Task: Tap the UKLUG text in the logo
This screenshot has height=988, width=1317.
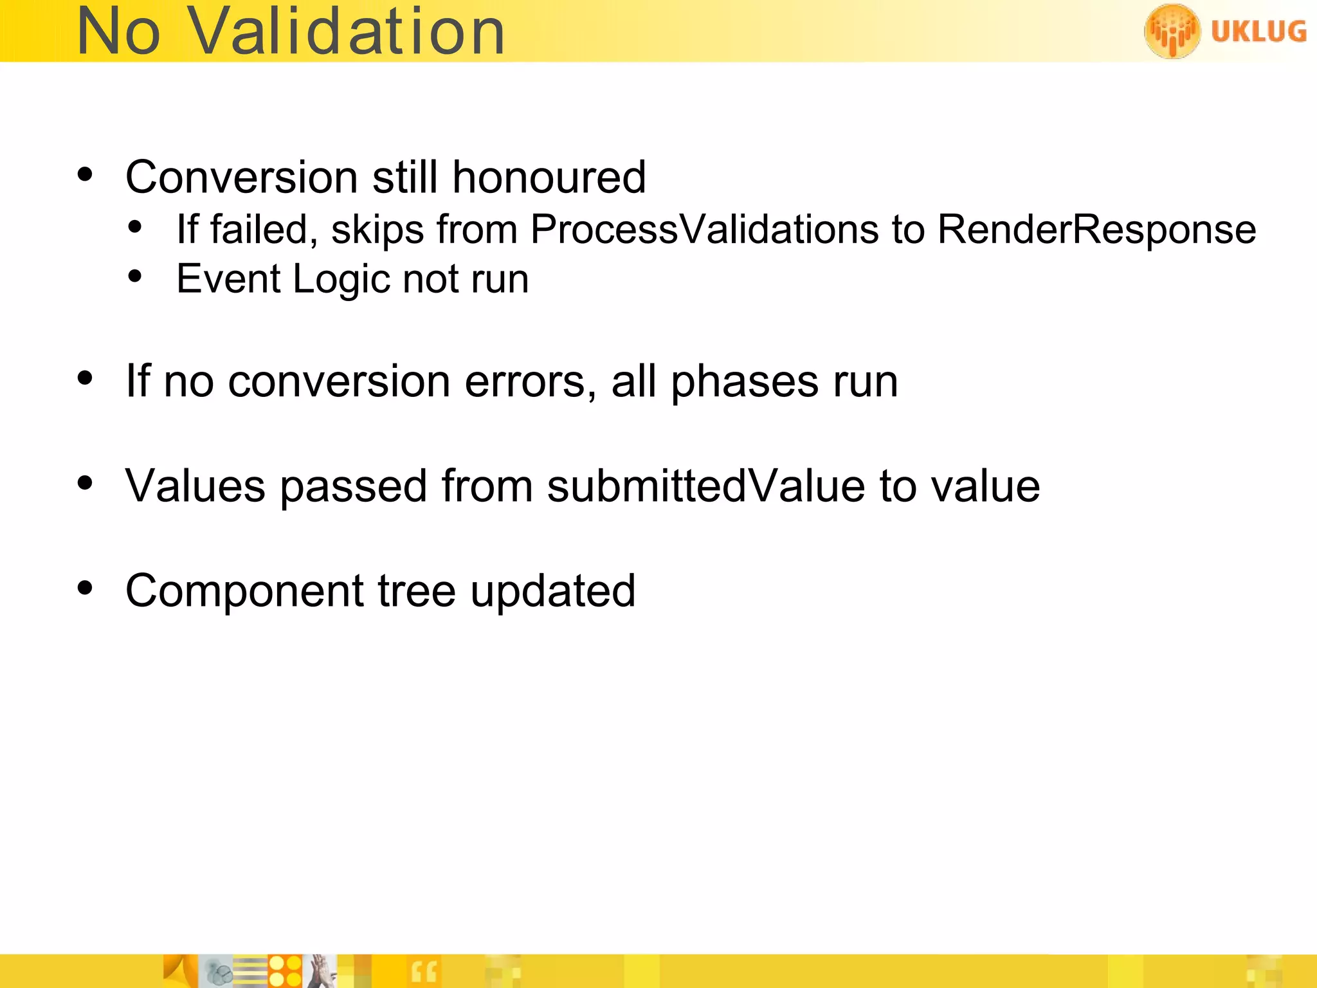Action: pyautogui.click(x=1258, y=31)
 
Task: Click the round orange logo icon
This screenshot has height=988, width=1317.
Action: pyautogui.click(x=1172, y=30)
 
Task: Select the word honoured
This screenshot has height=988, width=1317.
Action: pyautogui.click(x=549, y=177)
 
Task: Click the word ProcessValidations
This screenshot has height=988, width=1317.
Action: pyautogui.click(x=704, y=229)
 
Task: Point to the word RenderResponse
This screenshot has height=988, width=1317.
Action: pyautogui.click(x=1096, y=229)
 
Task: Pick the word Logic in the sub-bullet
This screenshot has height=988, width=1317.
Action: pyautogui.click(x=341, y=279)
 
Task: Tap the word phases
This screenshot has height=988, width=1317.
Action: pyautogui.click(x=744, y=382)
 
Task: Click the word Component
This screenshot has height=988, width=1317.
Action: pyautogui.click(x=244, y=591)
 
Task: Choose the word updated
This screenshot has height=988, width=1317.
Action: pyautogui.click(x=552, y=591)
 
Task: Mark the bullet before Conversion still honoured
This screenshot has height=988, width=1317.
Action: pyautogui.click(x=85, y=174)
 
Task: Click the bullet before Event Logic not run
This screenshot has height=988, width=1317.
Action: pyautogui.click(x=134, y=277)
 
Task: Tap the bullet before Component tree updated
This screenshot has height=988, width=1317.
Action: pyautogui.click(x=85, y=588)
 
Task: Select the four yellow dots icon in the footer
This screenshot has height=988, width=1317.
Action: pyautogui.click(x=285, y=971)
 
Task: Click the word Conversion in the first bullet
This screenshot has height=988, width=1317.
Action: pyautogui.click(x=241, y=177)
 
